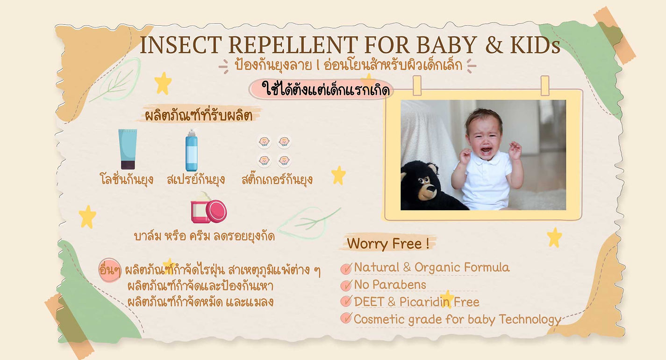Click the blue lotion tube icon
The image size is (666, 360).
(127, 149)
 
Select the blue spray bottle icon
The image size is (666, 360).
(191, 151)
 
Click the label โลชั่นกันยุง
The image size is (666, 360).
(127, 179)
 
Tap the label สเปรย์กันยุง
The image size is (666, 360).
(196, 179)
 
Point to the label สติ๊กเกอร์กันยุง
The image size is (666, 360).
(277, 179)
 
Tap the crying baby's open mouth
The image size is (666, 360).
(487, 151)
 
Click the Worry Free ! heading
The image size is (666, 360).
(388, 244)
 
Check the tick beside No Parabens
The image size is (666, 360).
(346, 285)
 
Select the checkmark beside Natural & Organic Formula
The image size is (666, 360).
(346, 268)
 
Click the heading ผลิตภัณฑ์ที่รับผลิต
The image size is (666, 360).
(199, 115)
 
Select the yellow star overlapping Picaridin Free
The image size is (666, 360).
(447, 299)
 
